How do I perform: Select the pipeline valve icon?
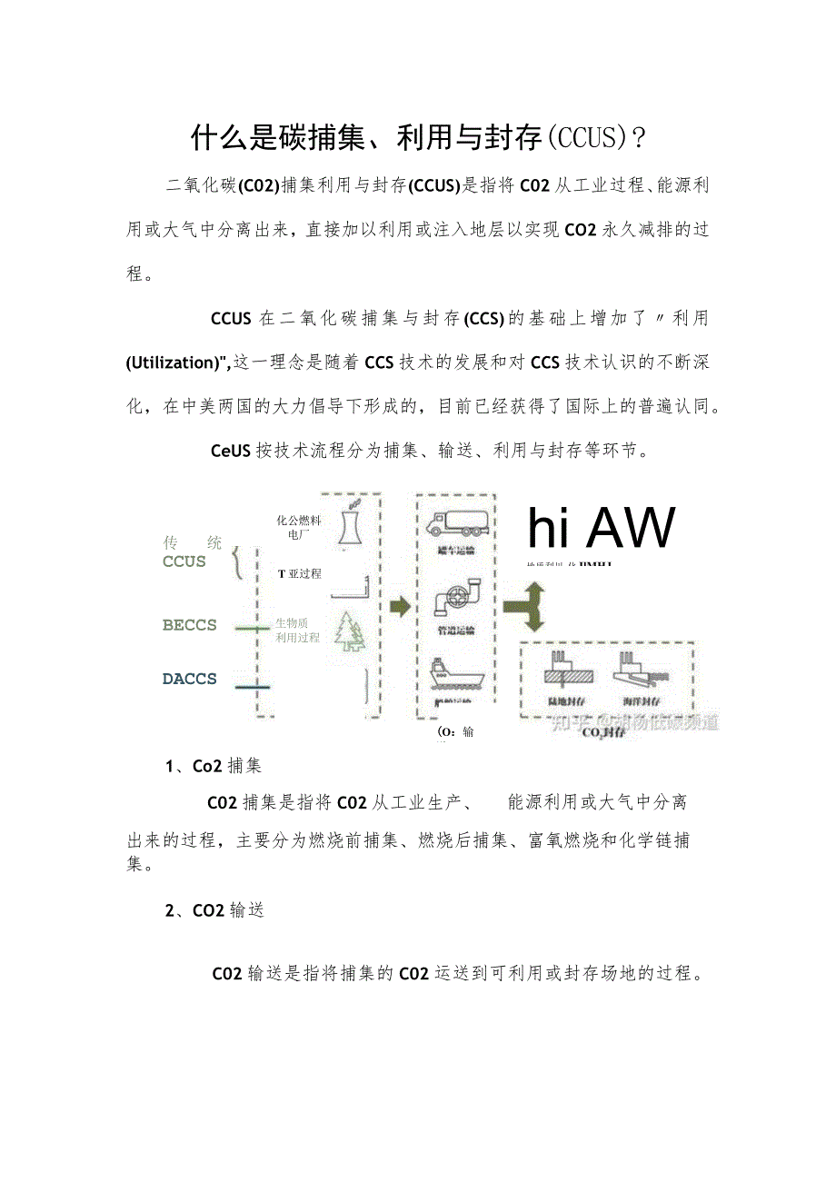point(453,599)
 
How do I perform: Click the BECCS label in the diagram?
point(190,625)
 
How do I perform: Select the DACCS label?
point(190,679)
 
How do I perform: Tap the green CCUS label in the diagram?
point(184,561)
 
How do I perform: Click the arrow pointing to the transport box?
point(400,607)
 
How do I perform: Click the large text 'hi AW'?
point(602,529)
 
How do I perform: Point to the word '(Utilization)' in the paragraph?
point(178,363)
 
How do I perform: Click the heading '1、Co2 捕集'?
point(213,766)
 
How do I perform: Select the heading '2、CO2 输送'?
point(214,909)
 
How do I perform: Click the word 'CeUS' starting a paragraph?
point(231,450)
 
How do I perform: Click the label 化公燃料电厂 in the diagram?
point(299,527)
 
